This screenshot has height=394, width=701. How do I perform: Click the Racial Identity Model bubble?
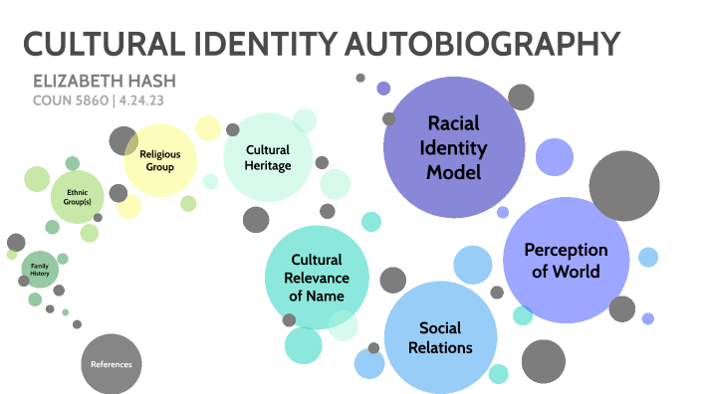point(454,147)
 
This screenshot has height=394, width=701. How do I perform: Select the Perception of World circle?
point(566,259)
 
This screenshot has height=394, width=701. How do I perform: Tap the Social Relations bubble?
point(440,336)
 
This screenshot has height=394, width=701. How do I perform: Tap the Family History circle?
point(40,270)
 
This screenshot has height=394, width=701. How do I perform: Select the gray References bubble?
point(112,364)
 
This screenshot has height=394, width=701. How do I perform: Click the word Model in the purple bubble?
point(454,171)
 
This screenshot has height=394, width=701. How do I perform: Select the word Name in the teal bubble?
point(327,295)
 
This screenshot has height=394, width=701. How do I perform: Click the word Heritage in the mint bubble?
point(268,165)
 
